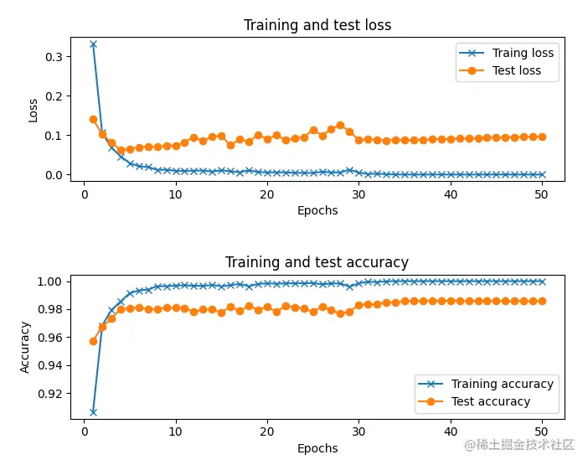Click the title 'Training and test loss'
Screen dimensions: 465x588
pyautogui.click(x=317, y=25)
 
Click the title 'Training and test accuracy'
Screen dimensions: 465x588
pyautogui.click(x=317, y=263)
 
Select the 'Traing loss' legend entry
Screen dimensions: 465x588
pyautogui.click(x=523, y=53)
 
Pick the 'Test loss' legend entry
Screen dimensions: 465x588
pyautogui.click(x=517, y=70)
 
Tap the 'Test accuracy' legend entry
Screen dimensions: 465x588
pyautogui.click(x=491, y=401)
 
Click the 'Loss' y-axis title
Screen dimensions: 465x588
pyautogui.click(x=34, y=110)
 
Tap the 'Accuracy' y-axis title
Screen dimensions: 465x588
pyautogui.click(x=25, y=347)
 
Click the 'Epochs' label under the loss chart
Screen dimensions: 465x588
pyautogui.click(x=317, y=210)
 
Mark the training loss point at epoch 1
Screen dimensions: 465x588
pyautogui.click(x=93, y=44)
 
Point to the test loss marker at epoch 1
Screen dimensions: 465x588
pyautogui.click(x=93, y=119)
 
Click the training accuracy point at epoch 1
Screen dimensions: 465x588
pyautogui.click(x=93, y=412)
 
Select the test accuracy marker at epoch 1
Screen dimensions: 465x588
pyautogui.click(x=93, y=341)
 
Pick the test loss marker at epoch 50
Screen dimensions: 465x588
pyautogui.click(x=542, y=137)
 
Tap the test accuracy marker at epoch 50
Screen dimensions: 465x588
pyautogui.click(x=542, y=301)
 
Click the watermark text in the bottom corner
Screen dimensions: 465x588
pyautogui.click(x=519, y=445)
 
